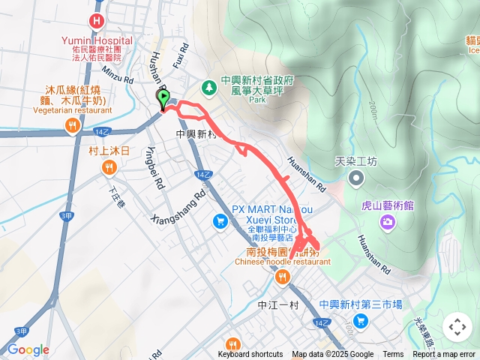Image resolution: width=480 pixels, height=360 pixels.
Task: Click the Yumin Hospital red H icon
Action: [96, 21]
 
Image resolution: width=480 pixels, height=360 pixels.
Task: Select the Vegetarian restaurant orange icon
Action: [72, 127]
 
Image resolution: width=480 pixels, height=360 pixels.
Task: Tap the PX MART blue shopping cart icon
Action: [220, 221]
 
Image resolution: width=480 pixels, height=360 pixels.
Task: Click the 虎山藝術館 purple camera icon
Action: [387, 221]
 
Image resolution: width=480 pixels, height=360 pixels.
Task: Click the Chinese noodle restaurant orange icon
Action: [283, 277]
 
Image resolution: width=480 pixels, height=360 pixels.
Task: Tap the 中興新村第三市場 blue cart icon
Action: [361, 321]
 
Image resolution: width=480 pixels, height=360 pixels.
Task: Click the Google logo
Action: [28, 349]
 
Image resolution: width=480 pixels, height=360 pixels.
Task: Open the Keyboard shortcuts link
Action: [250, 355]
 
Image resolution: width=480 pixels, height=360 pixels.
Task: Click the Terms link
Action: [393, 355]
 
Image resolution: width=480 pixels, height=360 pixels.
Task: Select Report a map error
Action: [445, 355]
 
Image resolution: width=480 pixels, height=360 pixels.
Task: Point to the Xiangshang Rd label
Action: [178, 206]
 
